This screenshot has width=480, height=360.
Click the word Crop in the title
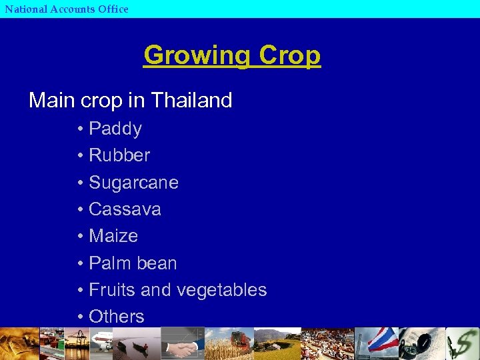coord(290,55)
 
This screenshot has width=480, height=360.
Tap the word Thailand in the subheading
coord(191,101)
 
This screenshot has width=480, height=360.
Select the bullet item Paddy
coord(115,129)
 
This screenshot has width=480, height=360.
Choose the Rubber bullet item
coord(119,155)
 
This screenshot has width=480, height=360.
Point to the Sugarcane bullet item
coord(133,183)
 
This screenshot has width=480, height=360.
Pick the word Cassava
coord(125,209)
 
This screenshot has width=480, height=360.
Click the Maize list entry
coord(113,236)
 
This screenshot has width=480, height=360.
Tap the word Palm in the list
coord(109,263)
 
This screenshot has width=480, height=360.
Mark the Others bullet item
coord(116,317)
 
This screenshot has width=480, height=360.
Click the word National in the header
coord(25,9)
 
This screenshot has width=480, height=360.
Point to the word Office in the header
coord(110,9)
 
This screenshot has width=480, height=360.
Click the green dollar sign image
coord(463,344)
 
